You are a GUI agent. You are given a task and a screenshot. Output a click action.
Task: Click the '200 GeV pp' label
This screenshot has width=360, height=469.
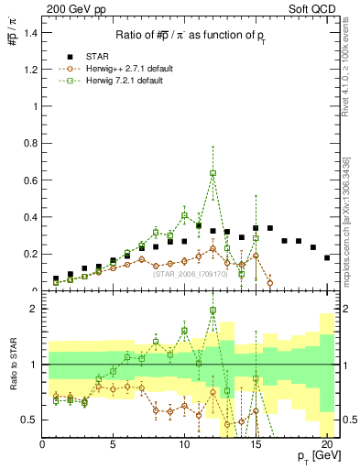(x=69, y=8)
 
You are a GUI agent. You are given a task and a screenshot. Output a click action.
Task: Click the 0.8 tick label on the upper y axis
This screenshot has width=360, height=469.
(x=31, y=143)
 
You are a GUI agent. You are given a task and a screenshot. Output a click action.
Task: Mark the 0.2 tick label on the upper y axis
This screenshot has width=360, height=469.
(x=31, y=254)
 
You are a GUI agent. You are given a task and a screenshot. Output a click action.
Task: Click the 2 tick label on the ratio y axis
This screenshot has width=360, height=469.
(x=34, y=309)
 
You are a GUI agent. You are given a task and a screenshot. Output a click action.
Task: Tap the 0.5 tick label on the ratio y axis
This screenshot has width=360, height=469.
(x=31, y=420)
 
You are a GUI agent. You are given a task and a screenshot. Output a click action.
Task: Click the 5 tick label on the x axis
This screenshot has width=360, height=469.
(x=114, y=446)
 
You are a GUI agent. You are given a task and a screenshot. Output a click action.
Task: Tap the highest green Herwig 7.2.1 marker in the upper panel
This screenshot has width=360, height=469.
(x=213, y=173)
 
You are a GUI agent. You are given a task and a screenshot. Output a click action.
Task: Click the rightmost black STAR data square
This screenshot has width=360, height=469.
(x=327, y=257)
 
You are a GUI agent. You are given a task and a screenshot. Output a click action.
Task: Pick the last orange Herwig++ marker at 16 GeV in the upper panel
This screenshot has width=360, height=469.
(x=269, y=283)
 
